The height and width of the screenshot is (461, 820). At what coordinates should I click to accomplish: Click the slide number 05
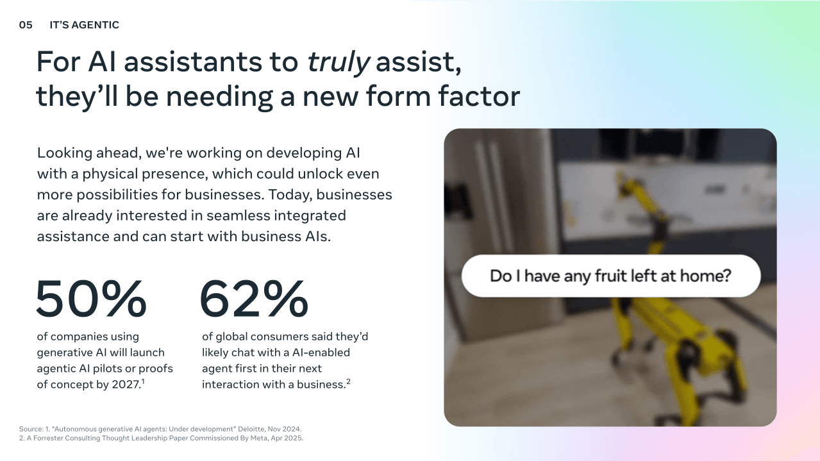26,25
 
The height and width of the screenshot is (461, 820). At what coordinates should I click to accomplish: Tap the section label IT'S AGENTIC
84,25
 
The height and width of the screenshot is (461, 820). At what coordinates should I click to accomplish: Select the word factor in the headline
479,96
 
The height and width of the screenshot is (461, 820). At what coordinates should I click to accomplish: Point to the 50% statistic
91,299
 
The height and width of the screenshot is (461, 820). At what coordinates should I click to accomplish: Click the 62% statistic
254,299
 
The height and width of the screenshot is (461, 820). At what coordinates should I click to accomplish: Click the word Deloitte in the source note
251,429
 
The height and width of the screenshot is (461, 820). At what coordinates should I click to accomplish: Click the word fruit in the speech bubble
607,276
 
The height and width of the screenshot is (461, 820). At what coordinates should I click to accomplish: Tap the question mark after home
727,276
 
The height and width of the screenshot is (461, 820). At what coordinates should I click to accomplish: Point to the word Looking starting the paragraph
64,153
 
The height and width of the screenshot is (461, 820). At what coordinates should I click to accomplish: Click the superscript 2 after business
349,381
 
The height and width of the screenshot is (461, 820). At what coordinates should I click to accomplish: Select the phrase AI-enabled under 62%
321,352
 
